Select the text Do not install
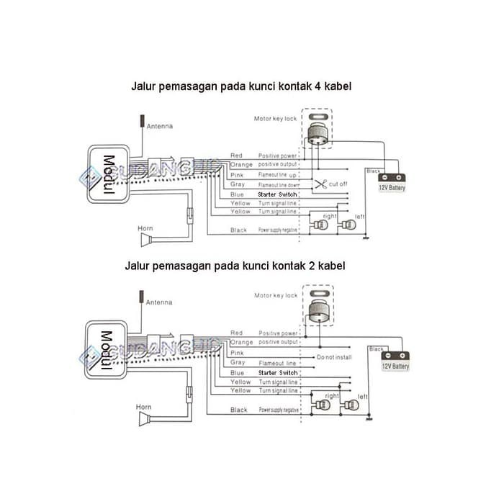335,357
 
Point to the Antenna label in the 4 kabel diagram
160,127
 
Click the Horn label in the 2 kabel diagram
144,407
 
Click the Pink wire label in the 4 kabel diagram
237,175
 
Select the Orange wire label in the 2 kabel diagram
241,343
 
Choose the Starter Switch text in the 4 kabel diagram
276,194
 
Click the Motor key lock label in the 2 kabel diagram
276,295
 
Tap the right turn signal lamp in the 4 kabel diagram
322,225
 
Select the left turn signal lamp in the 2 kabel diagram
351,405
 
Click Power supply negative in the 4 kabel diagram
278,230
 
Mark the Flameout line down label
277,185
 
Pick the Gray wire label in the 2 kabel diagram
237,363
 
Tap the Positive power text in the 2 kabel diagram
278,334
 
